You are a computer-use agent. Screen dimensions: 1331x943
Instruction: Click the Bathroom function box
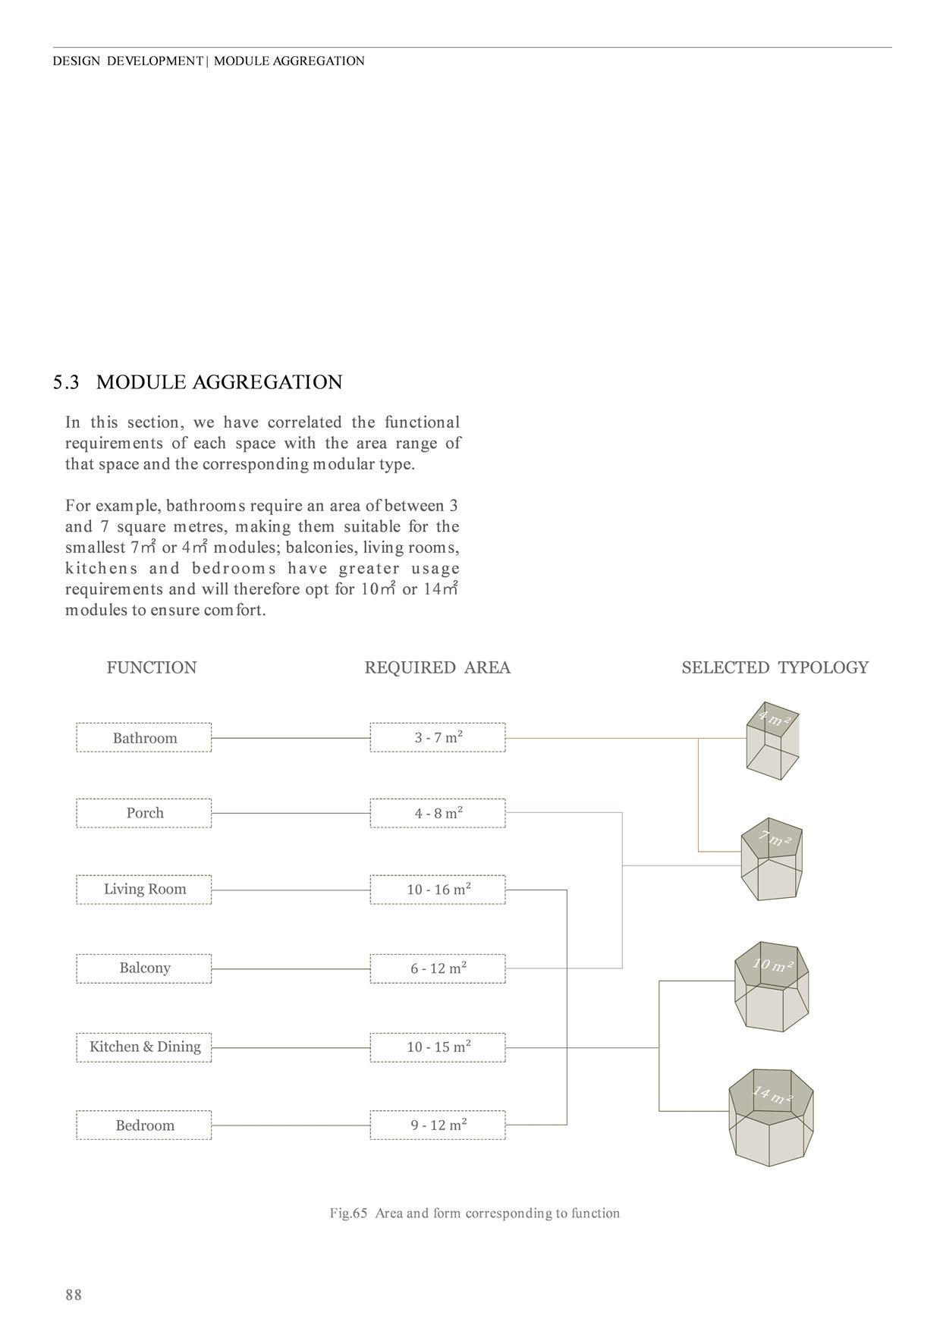[x=144, y=738]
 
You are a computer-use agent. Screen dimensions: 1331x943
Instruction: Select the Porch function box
[x=144, y=813]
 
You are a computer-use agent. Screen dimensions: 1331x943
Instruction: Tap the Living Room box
[x=144, y=890]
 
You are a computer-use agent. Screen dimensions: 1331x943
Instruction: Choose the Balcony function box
[x=144, y=968]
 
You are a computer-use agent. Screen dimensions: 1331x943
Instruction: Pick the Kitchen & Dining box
[x=144, y=1047]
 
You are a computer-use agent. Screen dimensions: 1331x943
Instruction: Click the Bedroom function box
[x=144, y=1125]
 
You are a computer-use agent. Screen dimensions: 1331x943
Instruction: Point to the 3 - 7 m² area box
[x=438, y=737]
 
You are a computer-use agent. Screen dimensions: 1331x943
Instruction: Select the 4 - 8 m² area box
[x=438, y=813]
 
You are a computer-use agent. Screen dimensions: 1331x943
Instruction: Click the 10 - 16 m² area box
[x=438, y=890]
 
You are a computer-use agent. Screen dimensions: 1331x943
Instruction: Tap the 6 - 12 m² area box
[x=438, y=968]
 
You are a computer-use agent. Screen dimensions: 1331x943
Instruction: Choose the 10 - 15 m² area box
[x=438, y=1047]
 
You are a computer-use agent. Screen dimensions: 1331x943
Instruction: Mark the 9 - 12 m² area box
[x=438, y=1125]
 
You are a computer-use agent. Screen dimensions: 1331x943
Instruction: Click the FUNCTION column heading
[x=152, y=667]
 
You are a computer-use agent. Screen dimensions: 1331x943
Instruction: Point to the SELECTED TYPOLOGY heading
[x=775, y=667]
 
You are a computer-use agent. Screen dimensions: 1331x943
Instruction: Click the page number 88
[x=74, y=1295]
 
